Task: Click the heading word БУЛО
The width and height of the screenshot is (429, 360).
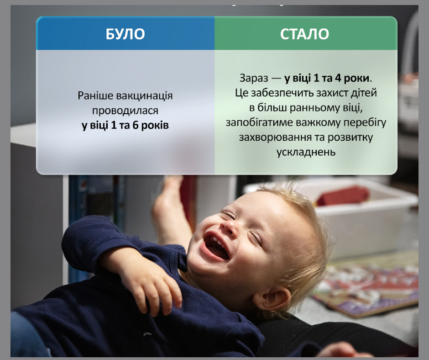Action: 125,34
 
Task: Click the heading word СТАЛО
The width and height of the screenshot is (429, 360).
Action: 304,34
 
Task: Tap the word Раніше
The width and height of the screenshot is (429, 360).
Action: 95,95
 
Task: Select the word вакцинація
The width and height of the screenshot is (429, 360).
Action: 145,96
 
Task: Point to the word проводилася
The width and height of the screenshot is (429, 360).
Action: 125,111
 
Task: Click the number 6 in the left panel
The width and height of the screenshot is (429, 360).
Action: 136,125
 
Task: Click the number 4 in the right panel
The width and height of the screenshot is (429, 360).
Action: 338,78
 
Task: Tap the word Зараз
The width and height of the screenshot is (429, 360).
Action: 254,79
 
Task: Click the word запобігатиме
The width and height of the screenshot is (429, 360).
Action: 259,123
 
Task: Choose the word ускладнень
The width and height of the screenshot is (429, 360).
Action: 306,152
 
